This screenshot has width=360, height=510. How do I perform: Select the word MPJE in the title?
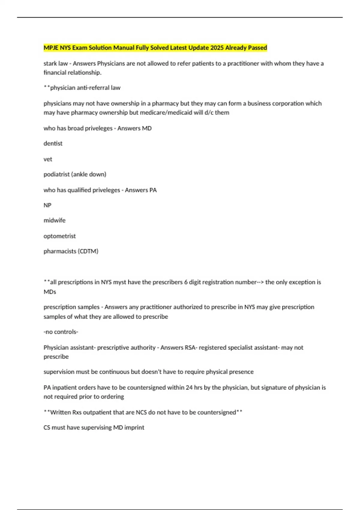51,48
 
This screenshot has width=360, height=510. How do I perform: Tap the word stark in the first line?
50,63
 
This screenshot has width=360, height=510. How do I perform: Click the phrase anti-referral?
85,88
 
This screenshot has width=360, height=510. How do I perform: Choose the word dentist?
53,143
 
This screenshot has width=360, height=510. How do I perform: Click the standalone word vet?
48,159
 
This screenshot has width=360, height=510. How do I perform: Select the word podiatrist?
56,174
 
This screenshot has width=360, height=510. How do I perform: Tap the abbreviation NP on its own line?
47,205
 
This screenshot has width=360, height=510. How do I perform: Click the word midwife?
54,220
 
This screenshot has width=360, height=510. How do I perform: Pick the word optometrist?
59,236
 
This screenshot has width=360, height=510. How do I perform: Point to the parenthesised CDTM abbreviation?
88,251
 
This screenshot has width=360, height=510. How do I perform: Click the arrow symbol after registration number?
260,282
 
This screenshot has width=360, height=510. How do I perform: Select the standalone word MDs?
50,292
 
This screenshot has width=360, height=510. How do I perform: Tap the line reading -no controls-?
61,332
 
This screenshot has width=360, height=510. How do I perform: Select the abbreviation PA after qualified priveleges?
153,190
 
